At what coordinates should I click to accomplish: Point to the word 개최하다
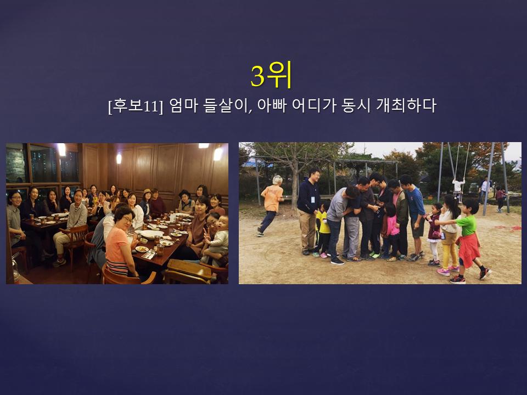406,105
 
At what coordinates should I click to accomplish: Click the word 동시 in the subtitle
353,105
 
